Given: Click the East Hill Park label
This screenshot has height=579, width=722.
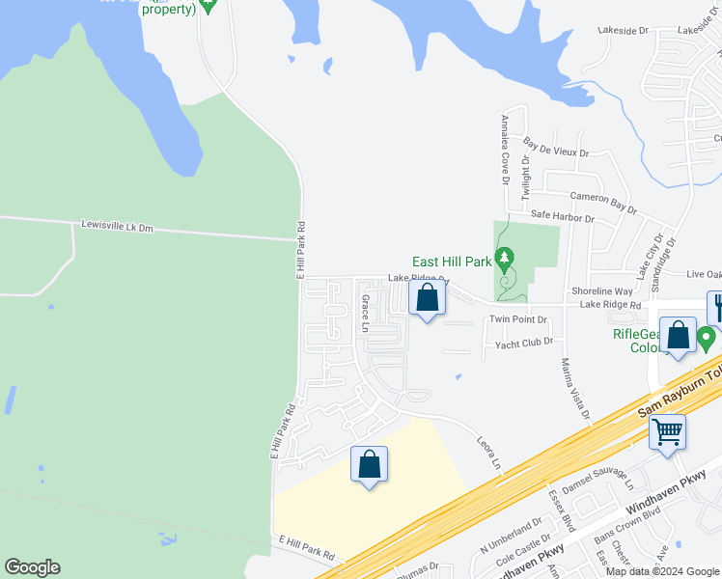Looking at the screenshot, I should tap(452, 262).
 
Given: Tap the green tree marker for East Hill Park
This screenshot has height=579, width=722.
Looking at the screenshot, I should tap(504, 259).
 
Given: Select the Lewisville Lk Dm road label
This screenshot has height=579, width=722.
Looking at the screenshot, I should tap(118, 227).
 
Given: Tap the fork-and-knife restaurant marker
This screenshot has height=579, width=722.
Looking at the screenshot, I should tap(717, 308).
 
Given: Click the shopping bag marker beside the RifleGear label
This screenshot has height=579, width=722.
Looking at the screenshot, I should tap(679, 336).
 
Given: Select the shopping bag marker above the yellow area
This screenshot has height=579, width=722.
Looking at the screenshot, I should tap(369, 465).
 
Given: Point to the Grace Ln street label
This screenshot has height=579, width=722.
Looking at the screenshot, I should tap(365, 314).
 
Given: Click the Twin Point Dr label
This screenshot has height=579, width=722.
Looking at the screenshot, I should tap(518, 319).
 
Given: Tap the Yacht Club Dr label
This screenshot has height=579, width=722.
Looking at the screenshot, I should tap(523, 343).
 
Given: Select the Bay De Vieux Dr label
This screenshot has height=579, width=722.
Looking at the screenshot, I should tap(555, 148).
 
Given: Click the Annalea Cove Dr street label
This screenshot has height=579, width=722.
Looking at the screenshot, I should tap(504, 149).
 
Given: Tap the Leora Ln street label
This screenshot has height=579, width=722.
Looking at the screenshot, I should tap(490, 452).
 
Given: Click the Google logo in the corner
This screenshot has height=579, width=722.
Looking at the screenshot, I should tap(32, 567).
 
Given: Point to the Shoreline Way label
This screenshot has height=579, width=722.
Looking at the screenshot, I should tap(601, 291).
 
